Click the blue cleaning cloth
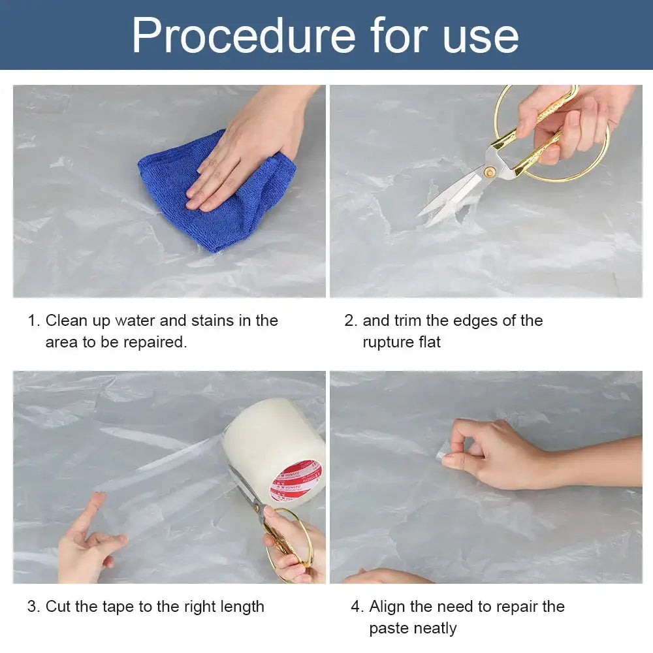point(215,196)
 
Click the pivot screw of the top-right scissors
point(489,172)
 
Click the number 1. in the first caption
point(33,321)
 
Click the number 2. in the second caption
point(351,321)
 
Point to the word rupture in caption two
point(388,342)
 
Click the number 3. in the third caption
point(33,607)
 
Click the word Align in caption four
point(389,607)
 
